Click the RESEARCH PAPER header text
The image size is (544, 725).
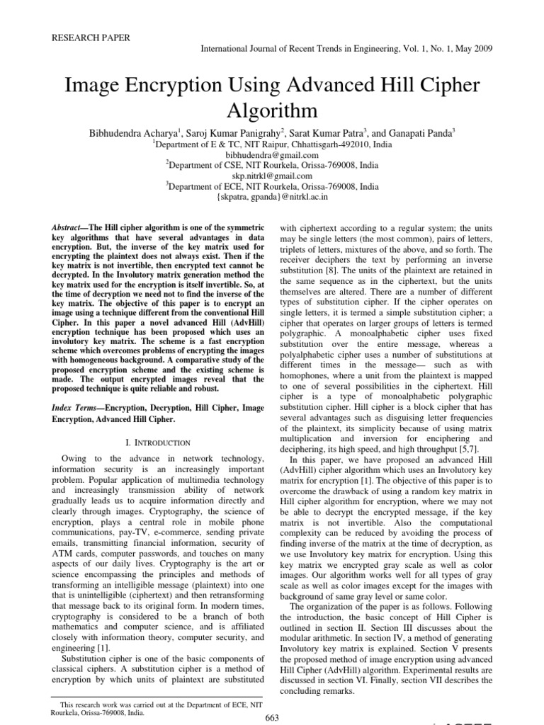pyautogui.click(x=90, y=38)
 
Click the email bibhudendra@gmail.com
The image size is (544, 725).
pyautogui.click(x=271, y=154)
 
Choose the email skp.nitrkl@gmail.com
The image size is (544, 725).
pyautogui.click(x=271, y=176)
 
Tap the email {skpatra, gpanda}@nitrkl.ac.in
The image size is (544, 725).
pyautogui.click(x=271, y=198)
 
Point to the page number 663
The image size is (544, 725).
pyautogui.click(x=271, y=717)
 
